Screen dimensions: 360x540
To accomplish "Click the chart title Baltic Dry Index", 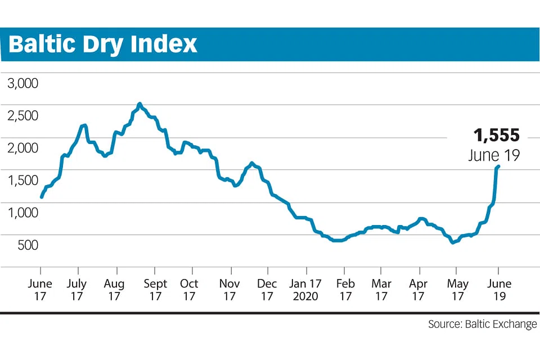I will tap(103, 44).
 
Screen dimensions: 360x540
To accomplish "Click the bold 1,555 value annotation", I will tap(496, 136).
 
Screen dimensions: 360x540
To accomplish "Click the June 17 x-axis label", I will tap(40, 290).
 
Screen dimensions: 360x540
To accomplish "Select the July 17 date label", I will tap(76, 290).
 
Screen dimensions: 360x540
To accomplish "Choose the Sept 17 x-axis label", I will tap(155, 290).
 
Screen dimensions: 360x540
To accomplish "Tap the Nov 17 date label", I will tap(229, 290).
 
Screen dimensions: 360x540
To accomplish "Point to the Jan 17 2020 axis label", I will tap(306, 290).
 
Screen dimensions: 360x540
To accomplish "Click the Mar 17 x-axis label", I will tap(382, 290).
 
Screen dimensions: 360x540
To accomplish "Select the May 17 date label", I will tap(457, 290).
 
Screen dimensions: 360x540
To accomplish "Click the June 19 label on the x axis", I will tap(498, 290).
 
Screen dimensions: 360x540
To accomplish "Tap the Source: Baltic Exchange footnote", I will tap(482, 325).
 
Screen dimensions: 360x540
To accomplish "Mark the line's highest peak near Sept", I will tap(139, 104).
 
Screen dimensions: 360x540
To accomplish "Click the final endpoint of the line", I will tap(498, 166).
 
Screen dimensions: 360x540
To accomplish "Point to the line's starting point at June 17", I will tap(41, 197).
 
